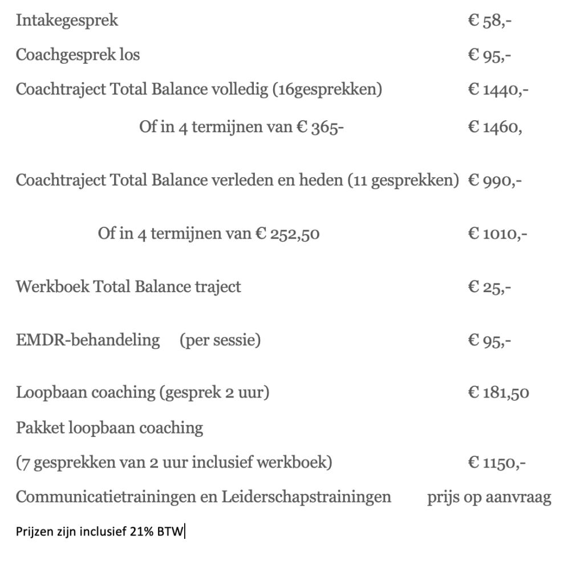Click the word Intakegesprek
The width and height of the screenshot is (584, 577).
pos(67,21)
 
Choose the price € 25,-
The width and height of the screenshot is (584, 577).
pos(489,287)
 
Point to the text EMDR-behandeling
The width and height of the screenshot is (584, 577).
pos(88,340)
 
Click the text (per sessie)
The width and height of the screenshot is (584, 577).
pos(220,340)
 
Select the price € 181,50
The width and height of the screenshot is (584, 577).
pos(498,393)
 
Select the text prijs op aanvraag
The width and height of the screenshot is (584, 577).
pos(489,497)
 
